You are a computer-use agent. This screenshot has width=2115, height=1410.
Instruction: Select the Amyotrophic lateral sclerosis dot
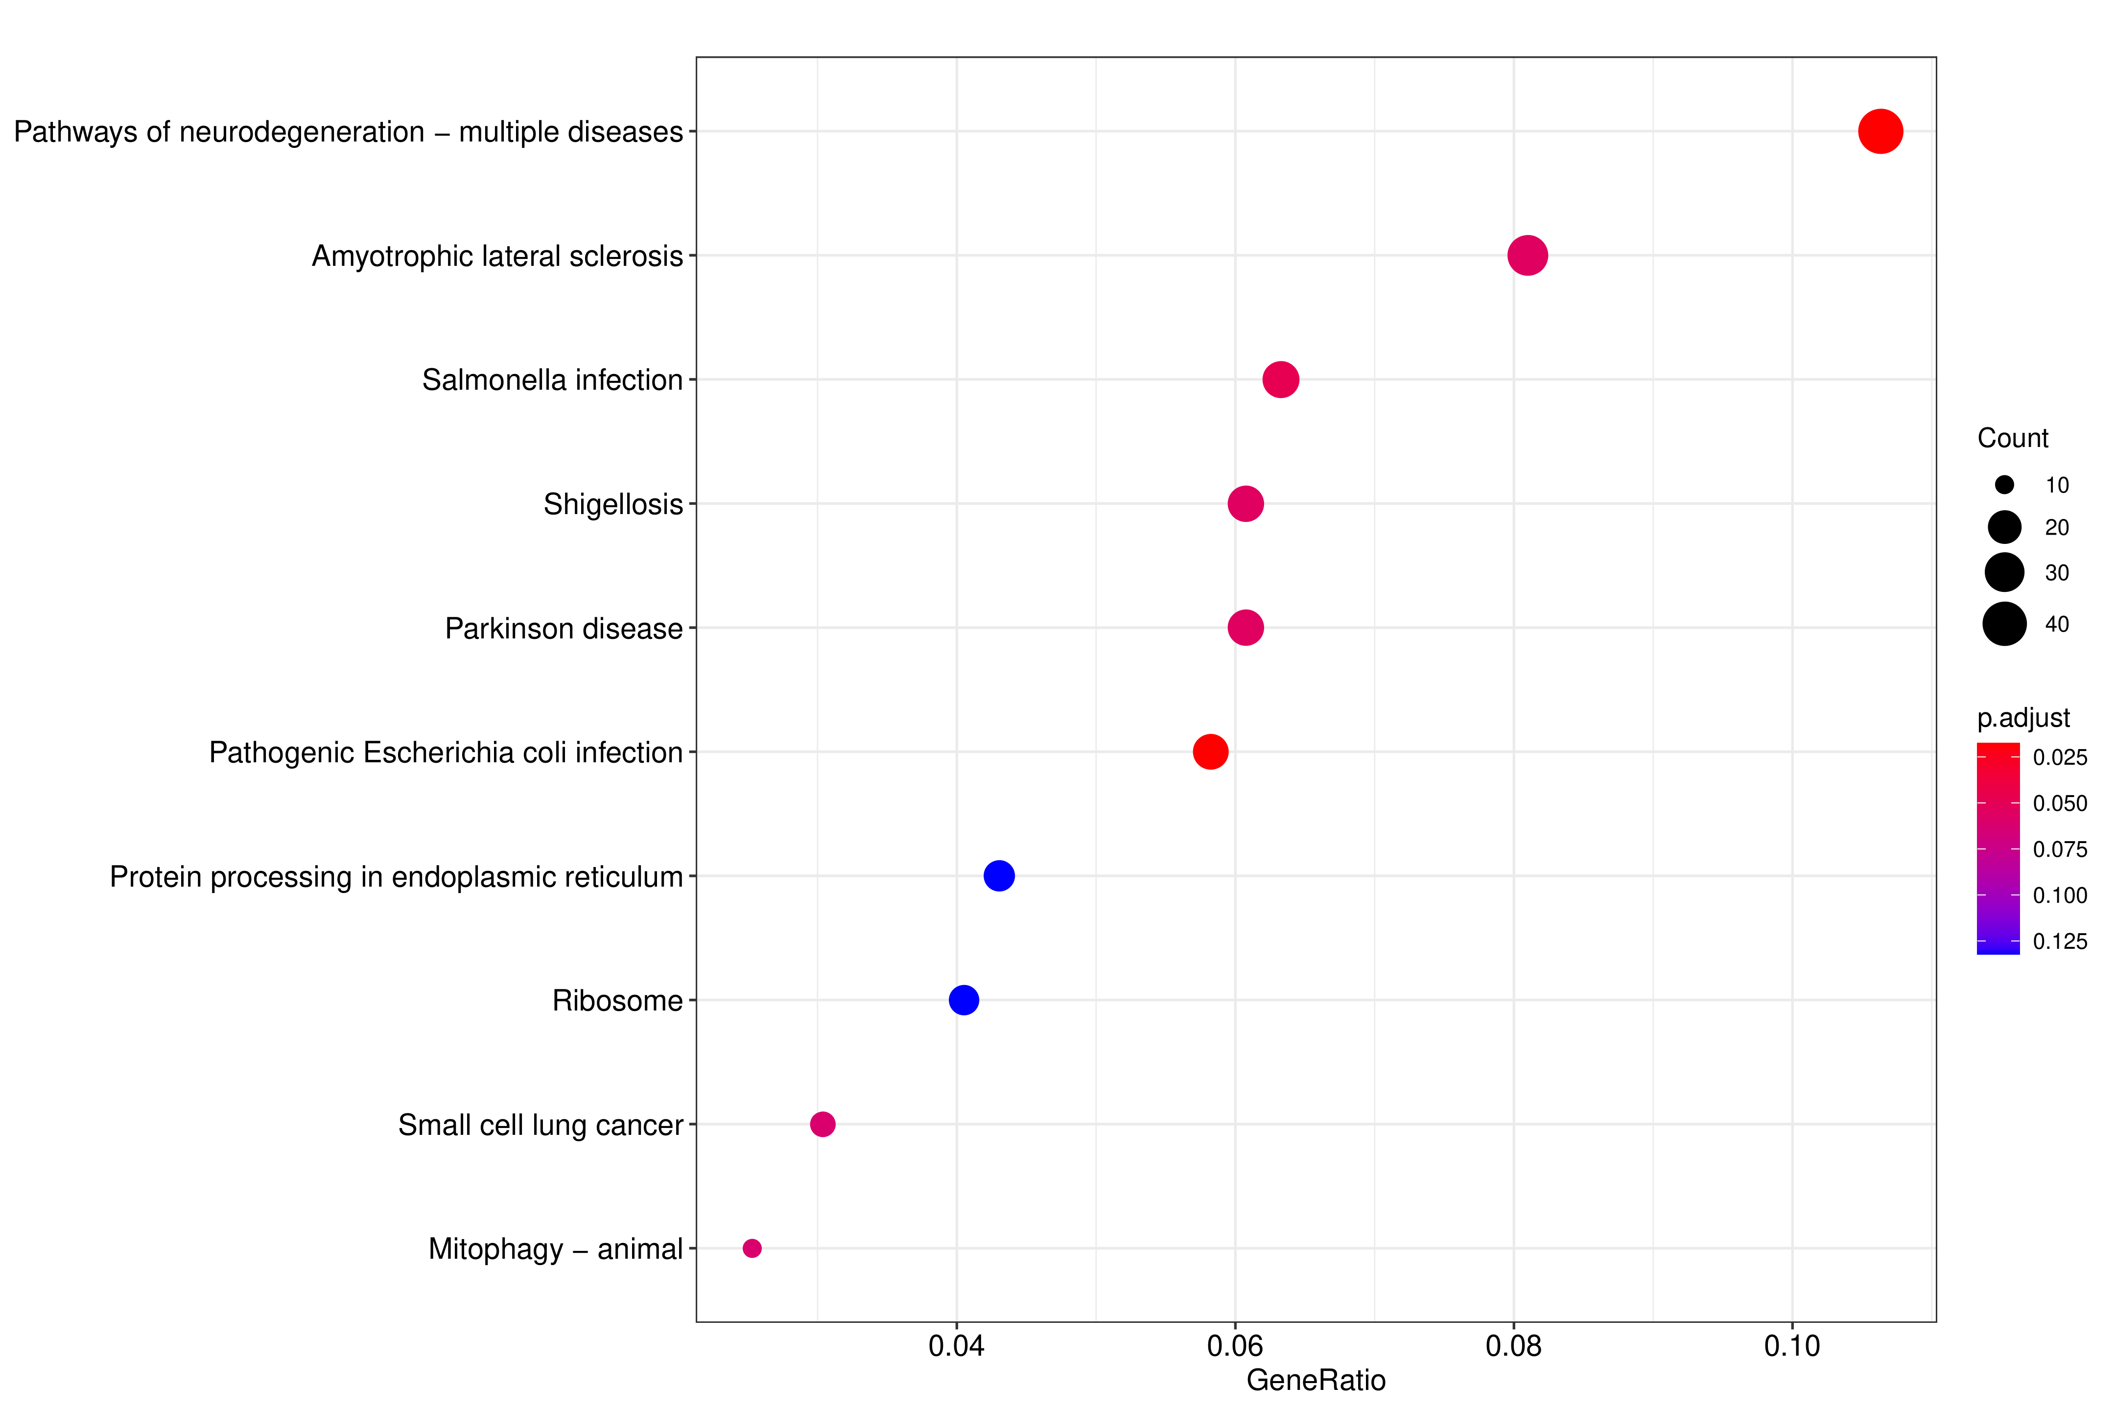point(1527,256)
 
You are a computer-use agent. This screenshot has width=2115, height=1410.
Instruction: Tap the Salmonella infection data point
point(1280,379)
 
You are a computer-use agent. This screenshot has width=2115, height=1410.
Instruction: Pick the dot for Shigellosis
point(1245,504)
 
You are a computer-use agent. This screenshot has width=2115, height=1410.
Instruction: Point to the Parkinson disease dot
point(1245,628)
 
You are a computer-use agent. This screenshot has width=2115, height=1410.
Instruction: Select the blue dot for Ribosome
point(963,1000)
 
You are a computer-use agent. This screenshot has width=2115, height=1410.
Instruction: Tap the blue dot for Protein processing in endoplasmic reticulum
point(998,876)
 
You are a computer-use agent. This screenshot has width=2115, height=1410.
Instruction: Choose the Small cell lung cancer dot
point(822,1124)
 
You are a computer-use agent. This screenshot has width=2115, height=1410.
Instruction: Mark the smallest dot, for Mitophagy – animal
point(752,1248)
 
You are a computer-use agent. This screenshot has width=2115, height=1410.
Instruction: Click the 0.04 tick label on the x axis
point(956,1346)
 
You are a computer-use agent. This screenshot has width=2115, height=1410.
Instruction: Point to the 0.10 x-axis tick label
point(1791,1346)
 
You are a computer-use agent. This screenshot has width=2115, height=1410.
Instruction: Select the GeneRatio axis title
point(1316,1380)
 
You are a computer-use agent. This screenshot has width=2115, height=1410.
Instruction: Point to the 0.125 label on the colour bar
point(2059,941)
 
